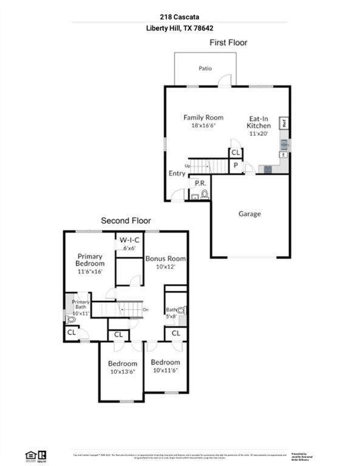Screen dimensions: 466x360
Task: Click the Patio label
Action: tap(205, 69)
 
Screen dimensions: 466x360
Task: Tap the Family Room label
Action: tap(203, 117)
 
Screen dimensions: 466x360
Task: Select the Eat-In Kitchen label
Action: tap(259, 122)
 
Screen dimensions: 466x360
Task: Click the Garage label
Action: tap(250, 214)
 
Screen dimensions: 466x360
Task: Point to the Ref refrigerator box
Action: tap(284, 123)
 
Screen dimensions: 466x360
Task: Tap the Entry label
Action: tap(177, 174)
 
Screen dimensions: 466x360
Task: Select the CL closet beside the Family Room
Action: tap(236, 152)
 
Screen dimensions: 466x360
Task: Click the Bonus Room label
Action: tap(165, 258)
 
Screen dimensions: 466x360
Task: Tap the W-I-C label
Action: tap(129, 239)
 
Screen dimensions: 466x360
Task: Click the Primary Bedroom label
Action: tap(90, 260)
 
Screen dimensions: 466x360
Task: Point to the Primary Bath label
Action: tap(81, 302)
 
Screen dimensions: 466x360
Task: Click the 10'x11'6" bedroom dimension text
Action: tap(165, 370)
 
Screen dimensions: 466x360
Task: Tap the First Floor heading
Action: tap(228, 42)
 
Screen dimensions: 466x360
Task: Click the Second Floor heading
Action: tap(126, 221)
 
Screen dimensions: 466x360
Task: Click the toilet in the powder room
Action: tap(204, 194)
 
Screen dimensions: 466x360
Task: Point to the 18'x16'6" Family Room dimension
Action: tap(203, 125)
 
